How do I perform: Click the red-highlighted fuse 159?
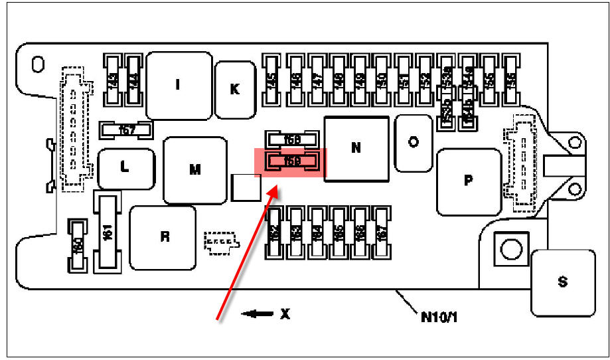291,161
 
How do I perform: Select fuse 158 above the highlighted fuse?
291,140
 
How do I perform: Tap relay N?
356,147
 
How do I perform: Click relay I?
177,85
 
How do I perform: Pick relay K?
235,89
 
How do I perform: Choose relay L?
125,168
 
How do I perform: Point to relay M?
194,170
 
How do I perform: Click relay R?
163,238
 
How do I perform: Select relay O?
414,143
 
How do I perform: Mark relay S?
563,282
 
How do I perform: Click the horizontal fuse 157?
126,130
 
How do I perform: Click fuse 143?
114,81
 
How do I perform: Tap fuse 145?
271,81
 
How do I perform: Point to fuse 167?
380,233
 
